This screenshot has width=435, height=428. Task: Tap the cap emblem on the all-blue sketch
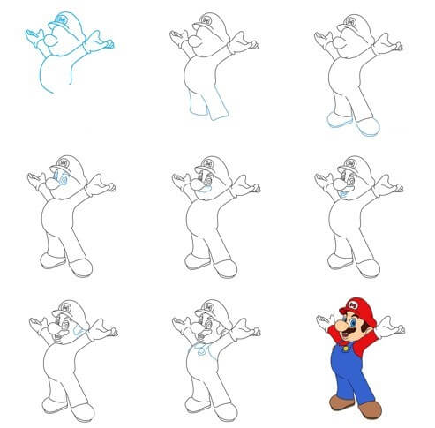(61, 17)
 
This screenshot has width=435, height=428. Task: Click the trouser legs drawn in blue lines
(206, 110)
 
